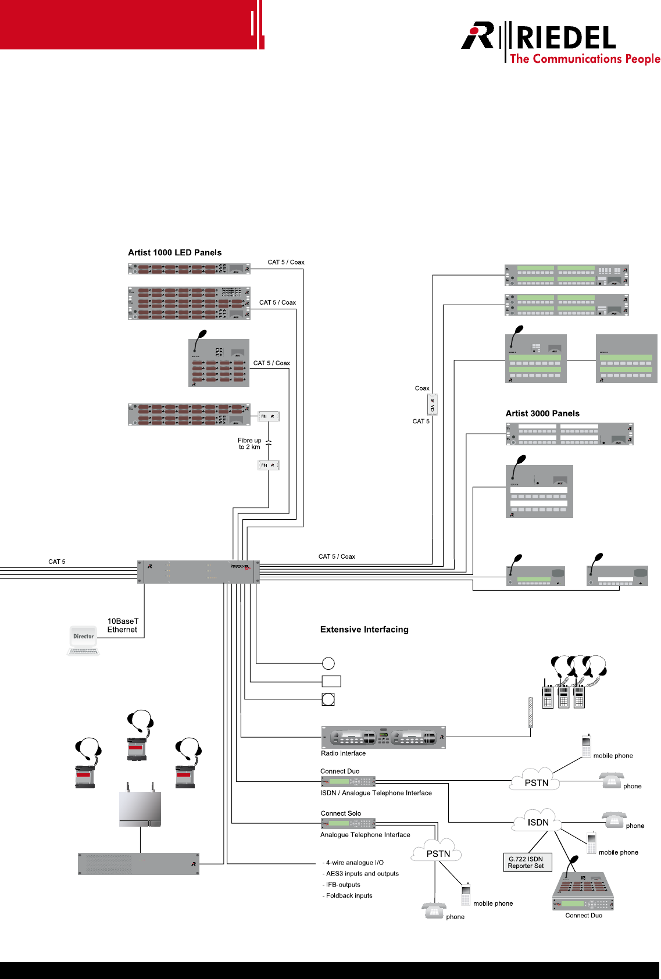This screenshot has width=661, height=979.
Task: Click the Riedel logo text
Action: click(x=565, y=38)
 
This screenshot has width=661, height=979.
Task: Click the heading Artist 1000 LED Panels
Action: click(x=174, y=252)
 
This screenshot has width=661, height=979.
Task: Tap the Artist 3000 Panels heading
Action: click(x=542, y=413)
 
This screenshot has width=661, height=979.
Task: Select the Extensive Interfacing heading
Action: click(x=364, y=629)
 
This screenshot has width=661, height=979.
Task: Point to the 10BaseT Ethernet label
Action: click(x=123, y=626)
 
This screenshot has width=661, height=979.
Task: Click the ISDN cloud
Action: click(x=538, y=821)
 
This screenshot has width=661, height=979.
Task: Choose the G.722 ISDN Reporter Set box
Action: click(x=526, y=862)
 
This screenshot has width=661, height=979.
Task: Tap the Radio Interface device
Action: click(x=383, y=737)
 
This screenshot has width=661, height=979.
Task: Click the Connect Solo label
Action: click(x=341, y=813)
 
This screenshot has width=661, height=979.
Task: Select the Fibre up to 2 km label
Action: click(x=249, y=444)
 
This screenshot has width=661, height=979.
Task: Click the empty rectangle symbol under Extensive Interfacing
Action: click(x=331, y=681)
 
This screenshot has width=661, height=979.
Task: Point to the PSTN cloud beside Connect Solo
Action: click(x=437, y=852)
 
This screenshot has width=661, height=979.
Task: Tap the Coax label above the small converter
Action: click(x=422, y=388)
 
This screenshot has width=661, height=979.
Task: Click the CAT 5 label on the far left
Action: click(x=57, y=562)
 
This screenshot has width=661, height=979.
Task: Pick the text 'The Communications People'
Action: click(x=584, y=59)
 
